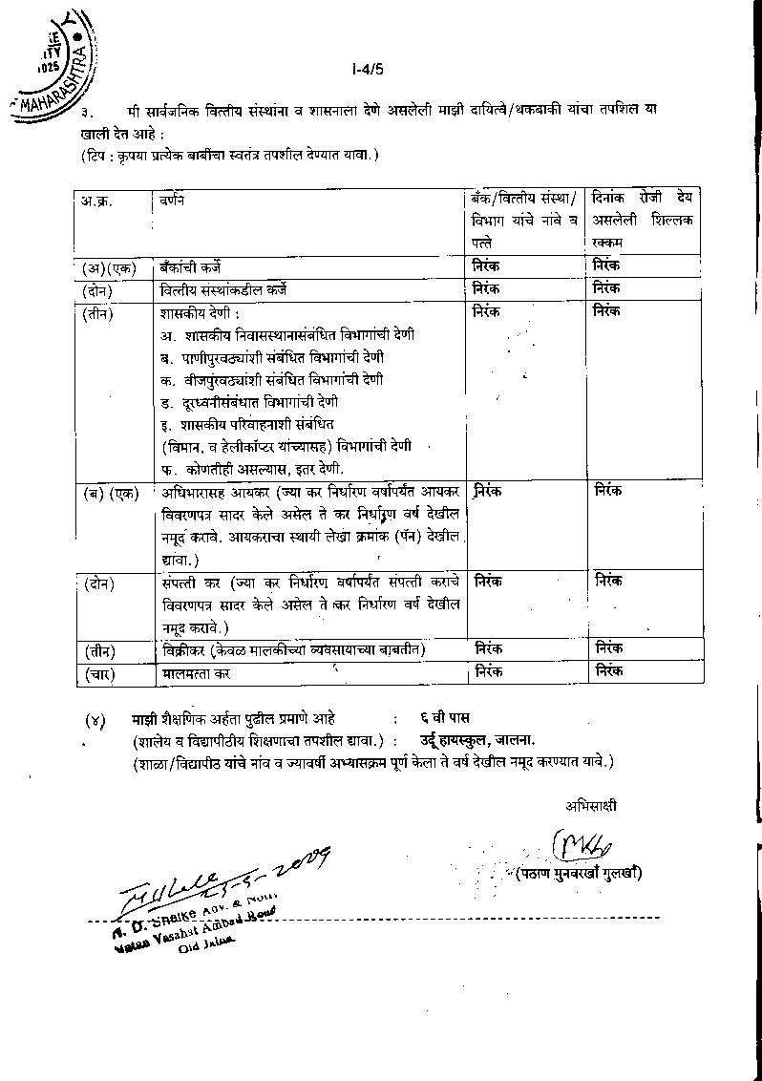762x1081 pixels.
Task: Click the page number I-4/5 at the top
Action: coord(367,69)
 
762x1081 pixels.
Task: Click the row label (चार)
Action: coord(100,673)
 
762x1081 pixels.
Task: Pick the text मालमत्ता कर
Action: coord(196,673)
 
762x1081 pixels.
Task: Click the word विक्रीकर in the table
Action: coord(185,650)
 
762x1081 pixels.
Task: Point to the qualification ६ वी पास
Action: coord(444,718)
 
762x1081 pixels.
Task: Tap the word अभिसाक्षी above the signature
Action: coord(590,806)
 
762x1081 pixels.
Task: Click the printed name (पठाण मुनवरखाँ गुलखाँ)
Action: coord(579,873)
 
